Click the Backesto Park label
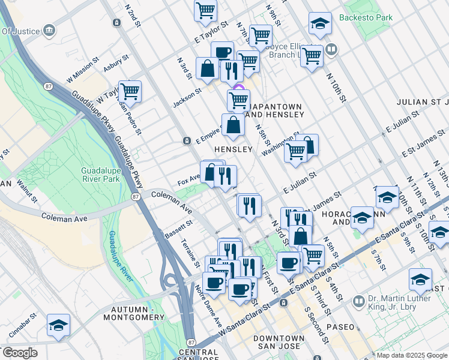click(366, 17)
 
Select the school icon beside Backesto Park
click(320, 25)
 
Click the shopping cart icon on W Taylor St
click(130, 92)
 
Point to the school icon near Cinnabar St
click(58, 326)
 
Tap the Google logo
click(19, 353)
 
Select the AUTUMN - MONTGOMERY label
click(133, 313)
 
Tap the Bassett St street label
click(178, 229)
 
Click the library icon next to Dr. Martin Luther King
click(358, 301)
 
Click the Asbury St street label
click(116, 64)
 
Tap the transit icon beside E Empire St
click(187, 141)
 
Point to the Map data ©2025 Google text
click(412, 355)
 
